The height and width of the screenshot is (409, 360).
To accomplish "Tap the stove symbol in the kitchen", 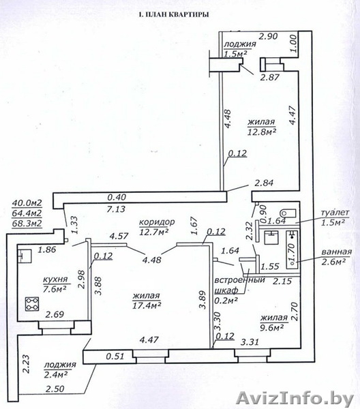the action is (32, 304).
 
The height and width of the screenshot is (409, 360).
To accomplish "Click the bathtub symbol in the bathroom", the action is (292, 249).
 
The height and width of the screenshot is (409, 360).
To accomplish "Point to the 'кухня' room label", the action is (55, 279).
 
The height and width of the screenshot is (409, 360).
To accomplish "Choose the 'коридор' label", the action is (157, 222).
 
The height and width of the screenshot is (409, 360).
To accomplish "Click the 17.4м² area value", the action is (147, 305).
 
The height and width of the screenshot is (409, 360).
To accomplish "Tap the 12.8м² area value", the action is (262, 132).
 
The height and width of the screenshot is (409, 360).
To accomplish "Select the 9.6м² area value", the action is (271, 328).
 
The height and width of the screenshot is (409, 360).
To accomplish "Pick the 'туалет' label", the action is (335, 213).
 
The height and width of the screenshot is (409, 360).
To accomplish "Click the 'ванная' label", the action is (337, 252).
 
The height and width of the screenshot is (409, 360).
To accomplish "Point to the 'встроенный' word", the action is (239, 280).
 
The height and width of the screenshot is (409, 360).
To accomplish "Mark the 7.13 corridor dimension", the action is (116, 209).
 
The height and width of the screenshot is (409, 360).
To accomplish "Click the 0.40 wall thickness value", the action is (117, 197).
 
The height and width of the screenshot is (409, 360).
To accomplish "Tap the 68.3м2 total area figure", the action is (27, 224).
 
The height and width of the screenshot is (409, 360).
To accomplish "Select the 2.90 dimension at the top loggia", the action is (269, 36).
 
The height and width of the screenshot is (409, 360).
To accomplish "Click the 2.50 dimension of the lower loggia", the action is (55, 389).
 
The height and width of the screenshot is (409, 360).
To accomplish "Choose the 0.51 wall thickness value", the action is (115, 356).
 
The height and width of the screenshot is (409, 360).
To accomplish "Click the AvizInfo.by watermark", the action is (295, 399).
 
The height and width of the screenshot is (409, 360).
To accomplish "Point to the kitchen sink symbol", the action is (25, 256).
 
